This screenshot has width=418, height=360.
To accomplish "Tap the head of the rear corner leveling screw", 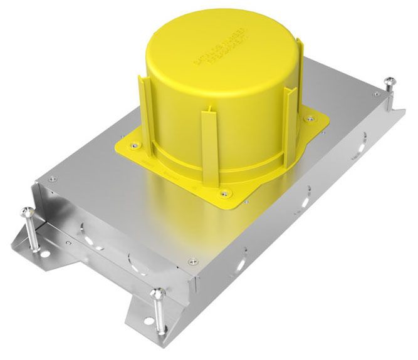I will point(389,81).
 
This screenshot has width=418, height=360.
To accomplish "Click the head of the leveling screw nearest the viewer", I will point(159,292).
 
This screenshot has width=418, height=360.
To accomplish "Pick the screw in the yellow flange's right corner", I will point(308,118).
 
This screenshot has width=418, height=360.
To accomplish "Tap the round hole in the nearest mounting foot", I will point(149,335).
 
